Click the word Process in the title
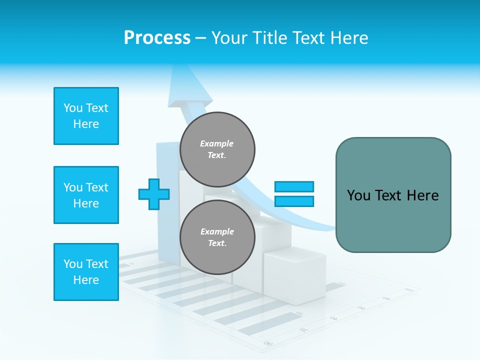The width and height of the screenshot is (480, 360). pyautogui.click(x=157, y=38)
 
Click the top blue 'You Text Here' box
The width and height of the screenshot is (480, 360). pyautogui.click(x=86, y=116)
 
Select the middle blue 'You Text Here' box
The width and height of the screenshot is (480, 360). pyautogui.click(x=86, y=195)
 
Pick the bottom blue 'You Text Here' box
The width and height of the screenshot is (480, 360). pyautogui.click(x=86, y=272)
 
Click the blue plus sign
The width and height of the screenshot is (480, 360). pyautogui.click(x=154, y=194)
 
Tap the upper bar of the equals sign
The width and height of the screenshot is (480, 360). pyautogui.click(x=294, y=186)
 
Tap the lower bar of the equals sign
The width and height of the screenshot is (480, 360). pyautogui.click(x=294, y=201)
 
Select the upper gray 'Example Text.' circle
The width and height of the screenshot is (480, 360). pyautogui.click(x=217, y=149)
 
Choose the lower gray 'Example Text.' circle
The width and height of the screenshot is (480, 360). pyautogui.click(x=217, y=237)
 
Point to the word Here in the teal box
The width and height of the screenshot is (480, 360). pyautogui.click(x=422, y=195)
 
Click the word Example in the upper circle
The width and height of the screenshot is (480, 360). pyautogui.click(x=217, y=143)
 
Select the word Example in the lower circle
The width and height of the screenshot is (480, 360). pyautogui.click(x=217, y=231)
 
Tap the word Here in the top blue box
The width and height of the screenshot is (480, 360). pyautogui.click(x=86, y=124)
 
